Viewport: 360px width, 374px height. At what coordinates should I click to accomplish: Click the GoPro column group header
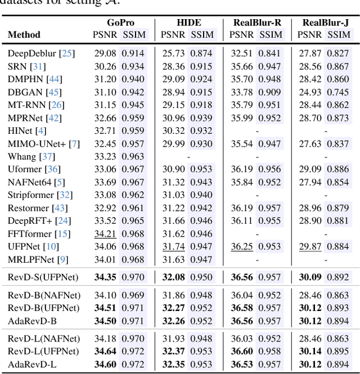click(x=120, y=22)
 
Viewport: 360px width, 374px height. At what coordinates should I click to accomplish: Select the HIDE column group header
click(x=189, y=22)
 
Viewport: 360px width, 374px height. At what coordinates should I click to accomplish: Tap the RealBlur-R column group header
click(x=257, y=22)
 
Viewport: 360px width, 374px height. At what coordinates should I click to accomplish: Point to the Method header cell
click(x=24, y=35)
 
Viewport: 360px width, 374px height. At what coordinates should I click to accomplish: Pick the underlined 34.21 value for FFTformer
click(x=105, y=233)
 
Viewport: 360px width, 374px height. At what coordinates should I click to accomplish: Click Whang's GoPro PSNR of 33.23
click(x=105, y=156)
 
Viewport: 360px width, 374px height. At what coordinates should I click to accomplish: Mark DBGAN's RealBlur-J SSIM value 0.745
click(x=337, y=92)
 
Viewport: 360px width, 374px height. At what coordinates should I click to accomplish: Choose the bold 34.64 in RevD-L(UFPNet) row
click(x=105, y=352)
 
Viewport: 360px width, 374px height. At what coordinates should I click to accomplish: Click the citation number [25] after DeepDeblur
click(x=68, y=54)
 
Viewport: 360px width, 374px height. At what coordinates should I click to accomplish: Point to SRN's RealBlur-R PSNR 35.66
click(x=242, y=67)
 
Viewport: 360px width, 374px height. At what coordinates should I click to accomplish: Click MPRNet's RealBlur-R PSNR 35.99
click(x=242, y=118)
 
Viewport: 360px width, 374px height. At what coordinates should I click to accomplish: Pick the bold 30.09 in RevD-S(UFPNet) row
click(x=310, y=277)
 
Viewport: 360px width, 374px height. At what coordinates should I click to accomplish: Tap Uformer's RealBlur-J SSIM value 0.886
click(x=337, y=169)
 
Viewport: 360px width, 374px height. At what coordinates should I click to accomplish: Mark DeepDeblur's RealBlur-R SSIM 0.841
click(x=269, y=54)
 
